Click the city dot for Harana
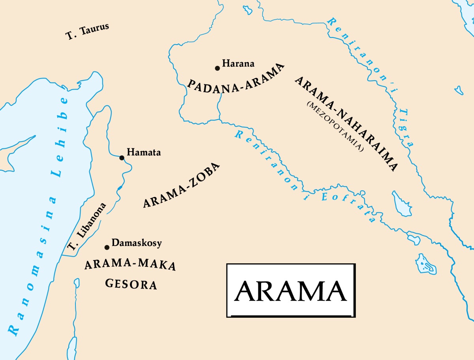[x=217, y=68]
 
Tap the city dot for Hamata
[x=122, y=158]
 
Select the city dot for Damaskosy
[x=107, y=247]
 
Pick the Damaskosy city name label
[x=137, y=243]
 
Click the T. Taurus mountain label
[x=87, y=32]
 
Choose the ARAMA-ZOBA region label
[x=181, y=186]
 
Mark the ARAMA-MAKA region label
[x=130, y=265]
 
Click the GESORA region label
[x=131, y=284]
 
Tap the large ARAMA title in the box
[x=290, y=291]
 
